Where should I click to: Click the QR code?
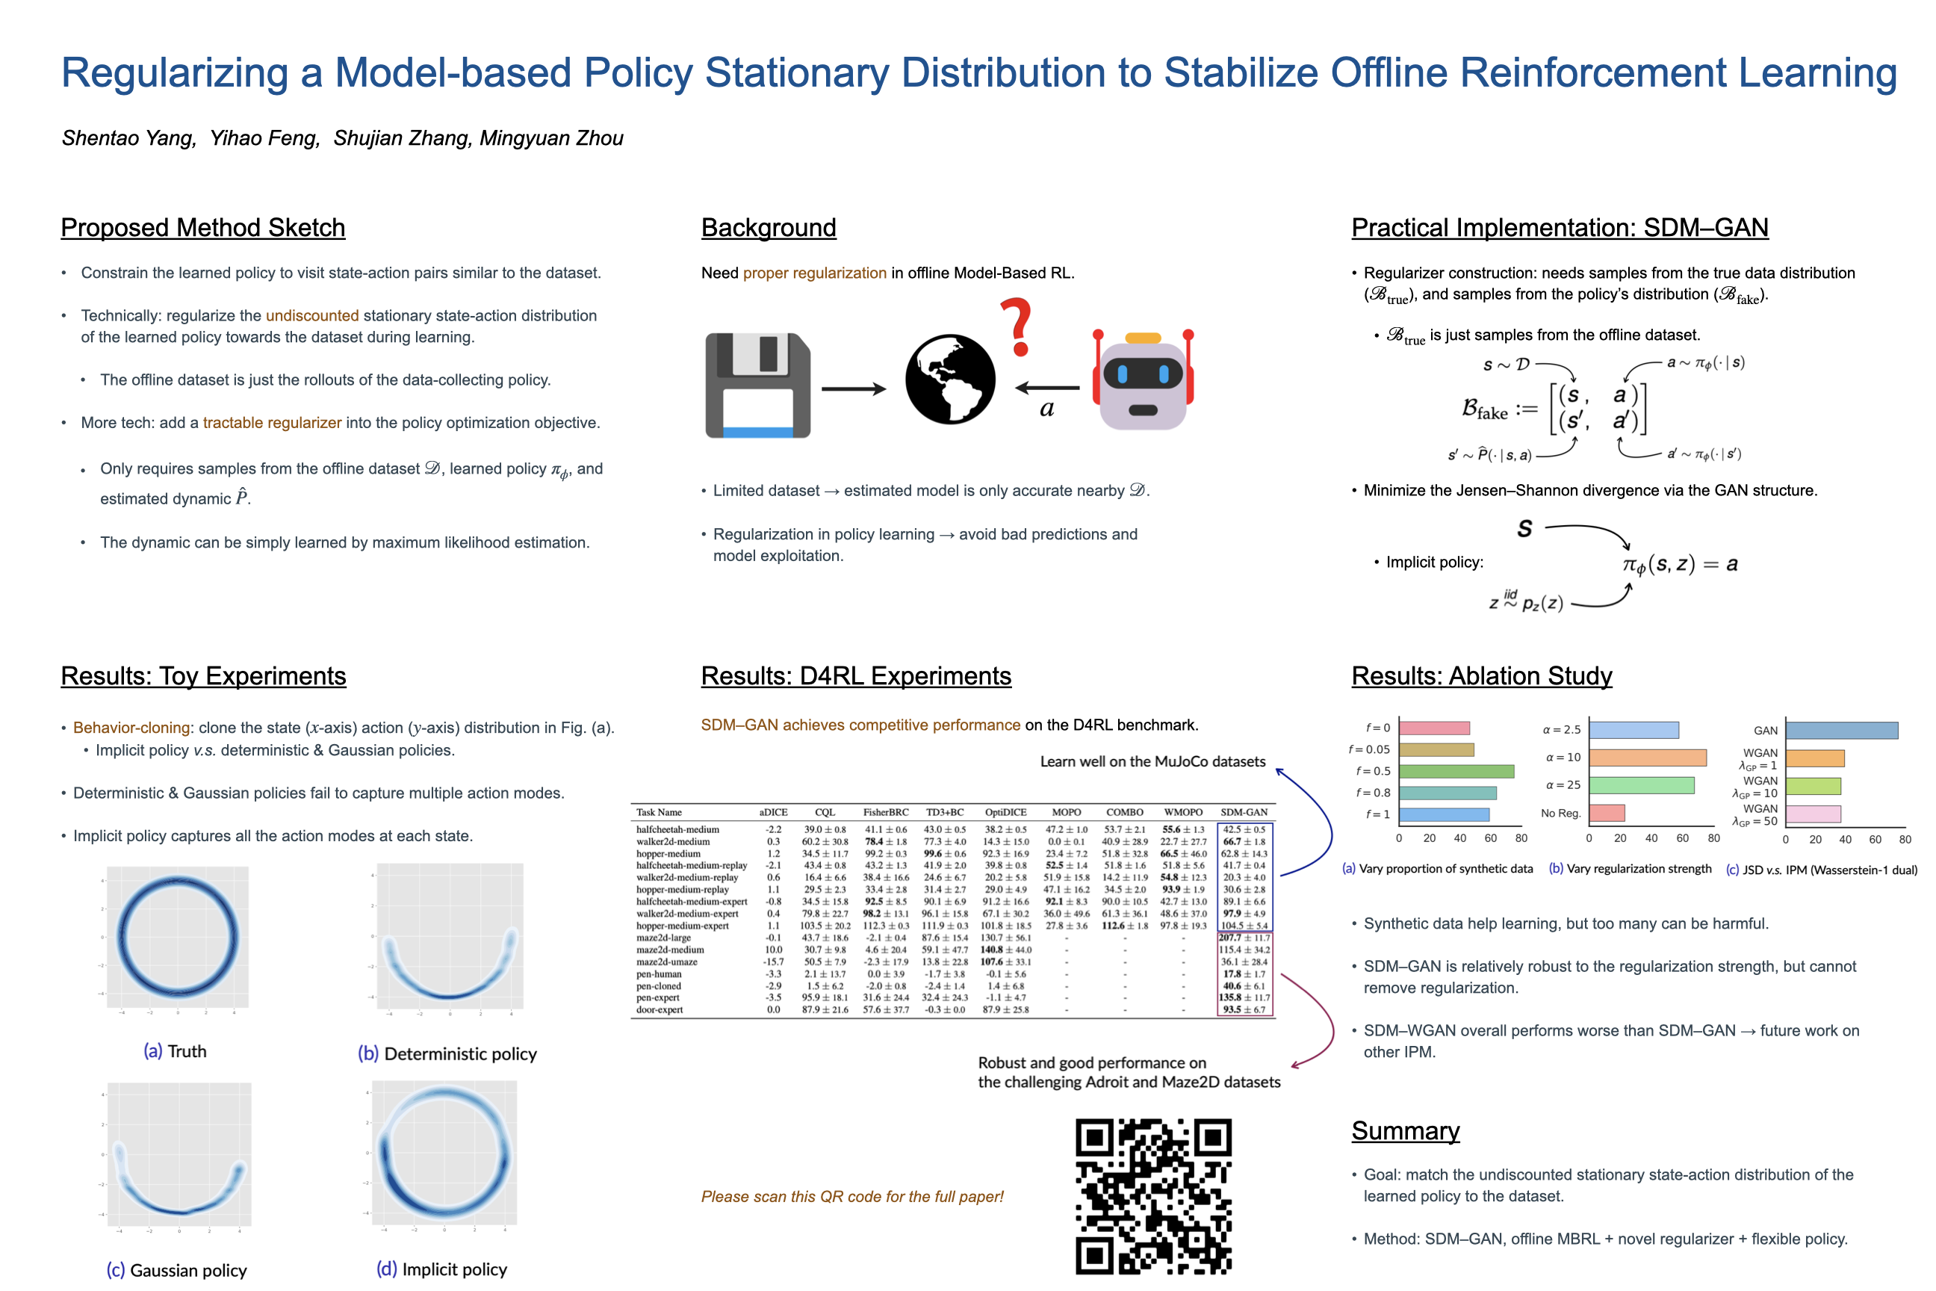click(x=1153, y=1195)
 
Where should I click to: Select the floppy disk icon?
click(x=757, y=386)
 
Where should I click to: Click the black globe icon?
click(x=950, y=379)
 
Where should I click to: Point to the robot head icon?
click(x=1143, y=382)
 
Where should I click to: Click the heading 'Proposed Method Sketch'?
click(x=202, y=227)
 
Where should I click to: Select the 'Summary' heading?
click(x=1405, y=1130)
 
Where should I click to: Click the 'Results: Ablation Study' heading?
click(x=1481, y=675)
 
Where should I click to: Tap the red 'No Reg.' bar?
click(x=1606, y=813)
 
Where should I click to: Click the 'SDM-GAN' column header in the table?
click(x=1243, y=812)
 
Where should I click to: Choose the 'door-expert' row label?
click(x=660, y=1009)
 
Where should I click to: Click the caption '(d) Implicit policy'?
click(x=441, y=1269)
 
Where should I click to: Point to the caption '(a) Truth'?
click(x=175, y=1051)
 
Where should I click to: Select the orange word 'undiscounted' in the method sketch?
click(x=312, y=315)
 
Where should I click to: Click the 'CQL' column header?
click(x=824, y=812)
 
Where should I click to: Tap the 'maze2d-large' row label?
click(x=663, y=938)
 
